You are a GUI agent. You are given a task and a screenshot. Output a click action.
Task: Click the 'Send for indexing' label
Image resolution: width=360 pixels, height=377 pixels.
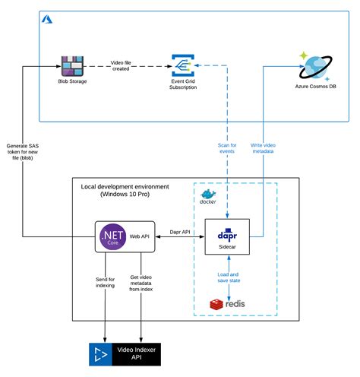(105, 284)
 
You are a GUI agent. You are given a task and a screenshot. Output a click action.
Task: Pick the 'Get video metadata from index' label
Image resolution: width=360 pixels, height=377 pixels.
(142, 288)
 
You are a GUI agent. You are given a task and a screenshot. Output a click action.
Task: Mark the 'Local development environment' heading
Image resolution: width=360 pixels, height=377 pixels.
(125, 190)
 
